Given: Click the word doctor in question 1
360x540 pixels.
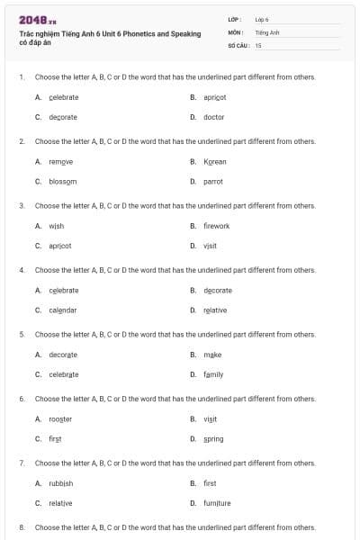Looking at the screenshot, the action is point(213,117).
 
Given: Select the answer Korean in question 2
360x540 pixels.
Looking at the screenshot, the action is point(214,161).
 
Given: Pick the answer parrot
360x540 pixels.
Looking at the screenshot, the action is point(213,181).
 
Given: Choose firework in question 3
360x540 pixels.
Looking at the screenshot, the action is point(216,226).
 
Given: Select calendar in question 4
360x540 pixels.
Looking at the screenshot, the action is point(63,310).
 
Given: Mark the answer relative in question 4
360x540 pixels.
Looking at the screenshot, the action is point(215,310).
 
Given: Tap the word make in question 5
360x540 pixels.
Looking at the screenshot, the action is point(212,355).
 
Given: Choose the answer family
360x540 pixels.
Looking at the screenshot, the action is point(213,374).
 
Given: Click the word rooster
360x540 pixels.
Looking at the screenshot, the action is point(60,419).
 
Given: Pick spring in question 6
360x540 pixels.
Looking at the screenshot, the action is point(213,439).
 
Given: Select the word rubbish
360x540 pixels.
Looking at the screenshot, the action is point(61,483).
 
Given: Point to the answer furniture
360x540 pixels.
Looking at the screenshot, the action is point(217,503).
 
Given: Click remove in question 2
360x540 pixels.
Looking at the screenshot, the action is point(60,161).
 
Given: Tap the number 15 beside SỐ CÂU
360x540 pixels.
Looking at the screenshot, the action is point(258,44).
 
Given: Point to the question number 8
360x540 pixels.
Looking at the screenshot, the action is point(21,527).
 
